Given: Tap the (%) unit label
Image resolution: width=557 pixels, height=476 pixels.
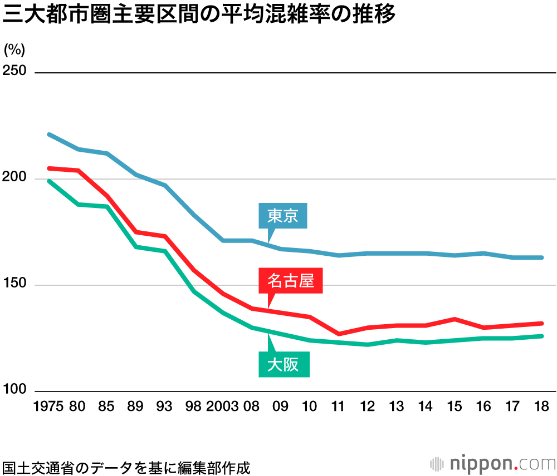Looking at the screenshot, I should [14, 49].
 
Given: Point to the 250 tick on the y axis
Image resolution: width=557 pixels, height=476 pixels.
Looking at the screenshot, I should [15, 72].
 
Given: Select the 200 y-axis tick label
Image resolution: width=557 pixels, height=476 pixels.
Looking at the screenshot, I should [15, 178].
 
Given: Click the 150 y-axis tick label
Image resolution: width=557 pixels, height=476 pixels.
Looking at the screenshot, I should [15, 284].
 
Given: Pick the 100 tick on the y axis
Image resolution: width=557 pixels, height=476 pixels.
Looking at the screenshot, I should [15, 390].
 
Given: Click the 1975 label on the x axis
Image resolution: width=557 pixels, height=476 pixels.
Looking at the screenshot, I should [49, 406].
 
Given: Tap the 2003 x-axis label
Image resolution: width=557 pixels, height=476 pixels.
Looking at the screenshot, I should [222, 406].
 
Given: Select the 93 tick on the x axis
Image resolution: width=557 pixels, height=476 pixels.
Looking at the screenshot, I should [164, 406].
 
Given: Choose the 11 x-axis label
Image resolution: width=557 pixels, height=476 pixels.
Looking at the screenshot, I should [338, 406].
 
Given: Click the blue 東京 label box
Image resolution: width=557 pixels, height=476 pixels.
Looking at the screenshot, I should [283, 216].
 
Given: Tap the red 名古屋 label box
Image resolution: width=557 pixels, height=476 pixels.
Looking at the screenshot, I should [291, 281].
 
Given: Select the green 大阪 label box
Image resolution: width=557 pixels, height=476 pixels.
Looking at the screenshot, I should [284, 365].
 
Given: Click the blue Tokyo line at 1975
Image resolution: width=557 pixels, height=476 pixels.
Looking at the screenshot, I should [49, 135].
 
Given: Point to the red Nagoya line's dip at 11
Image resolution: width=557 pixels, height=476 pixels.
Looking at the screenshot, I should [338, 334].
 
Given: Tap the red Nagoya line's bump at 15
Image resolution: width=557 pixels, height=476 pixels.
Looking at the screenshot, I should [455, 319].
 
